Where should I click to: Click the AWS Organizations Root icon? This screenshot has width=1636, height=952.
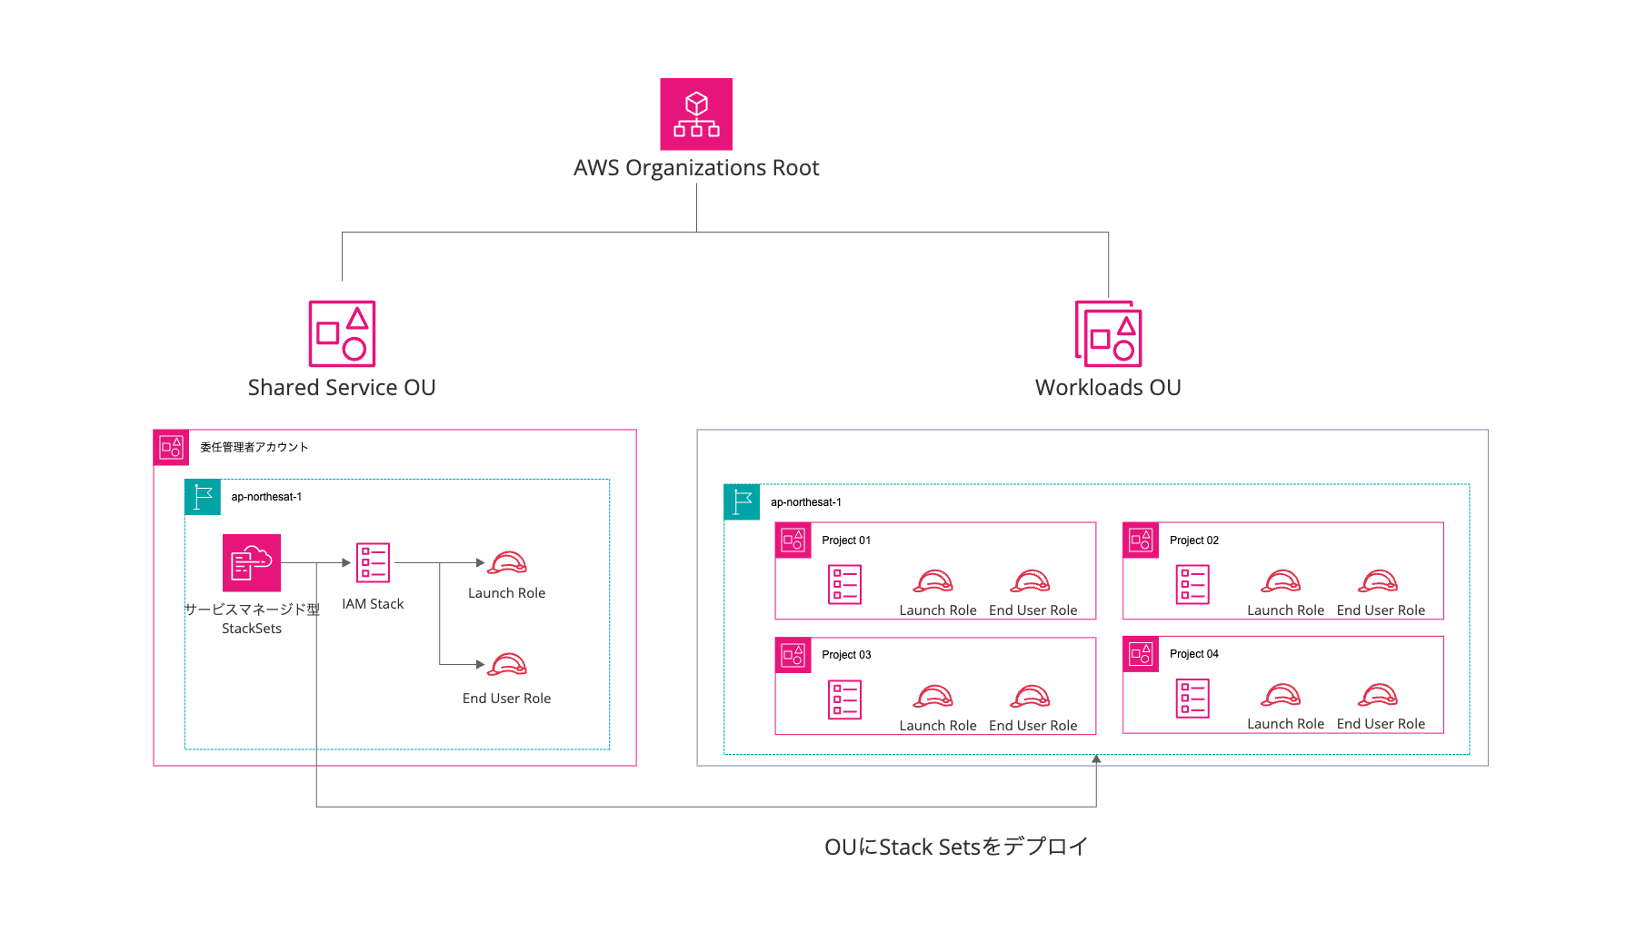(x=696, y=114)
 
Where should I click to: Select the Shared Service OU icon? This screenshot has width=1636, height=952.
(x=342, y=333)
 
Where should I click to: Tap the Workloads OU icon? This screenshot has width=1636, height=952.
(x=1108, y=333)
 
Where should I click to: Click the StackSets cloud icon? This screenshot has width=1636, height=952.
(x=252, y=562)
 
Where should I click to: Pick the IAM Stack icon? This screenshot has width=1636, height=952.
(x=373, y=562)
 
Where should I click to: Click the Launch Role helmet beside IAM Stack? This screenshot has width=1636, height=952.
(x=507, y=563)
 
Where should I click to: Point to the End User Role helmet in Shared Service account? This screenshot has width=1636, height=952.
(x=507, y=665)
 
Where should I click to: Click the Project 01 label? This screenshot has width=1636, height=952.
(x=846, y=540)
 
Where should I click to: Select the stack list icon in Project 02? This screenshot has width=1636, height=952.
(x=1192, y=584)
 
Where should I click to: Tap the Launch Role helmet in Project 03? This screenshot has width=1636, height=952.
(x=933, y=697)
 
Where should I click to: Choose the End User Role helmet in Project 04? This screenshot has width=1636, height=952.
(x=1378, y=696)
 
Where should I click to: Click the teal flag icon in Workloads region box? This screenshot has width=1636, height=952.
(x=742, y=501)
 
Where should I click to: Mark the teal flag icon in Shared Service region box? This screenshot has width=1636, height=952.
(x=203, y=497)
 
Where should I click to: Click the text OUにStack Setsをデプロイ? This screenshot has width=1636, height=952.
(x=955, y=847)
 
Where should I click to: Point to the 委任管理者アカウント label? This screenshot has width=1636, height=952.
(x=254, y=447)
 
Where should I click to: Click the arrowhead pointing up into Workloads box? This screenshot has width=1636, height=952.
(x=1096, y=759)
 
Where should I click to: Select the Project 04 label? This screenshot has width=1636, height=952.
(x=1193, y=654)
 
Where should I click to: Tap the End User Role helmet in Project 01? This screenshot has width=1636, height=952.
(x=1031, y=581)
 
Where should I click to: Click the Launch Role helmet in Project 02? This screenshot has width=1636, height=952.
(x=1282, y=581)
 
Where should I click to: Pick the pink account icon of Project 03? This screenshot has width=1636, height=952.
(x=793, y=655)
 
